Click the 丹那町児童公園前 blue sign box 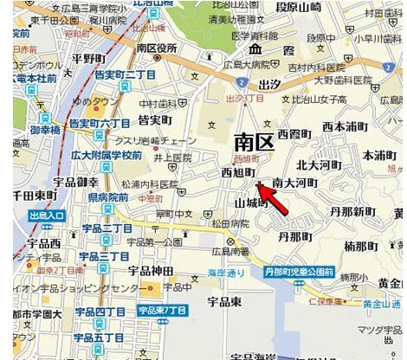pyautogui.click(x=300, y=271)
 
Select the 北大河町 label pyautogui.click(x=320, y=164)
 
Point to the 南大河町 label pyautogui.click(x=294, y=183)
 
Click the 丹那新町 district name pyautogui.click(x=352, y=211)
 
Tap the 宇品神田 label pyautogui.click(x=150, y=271)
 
